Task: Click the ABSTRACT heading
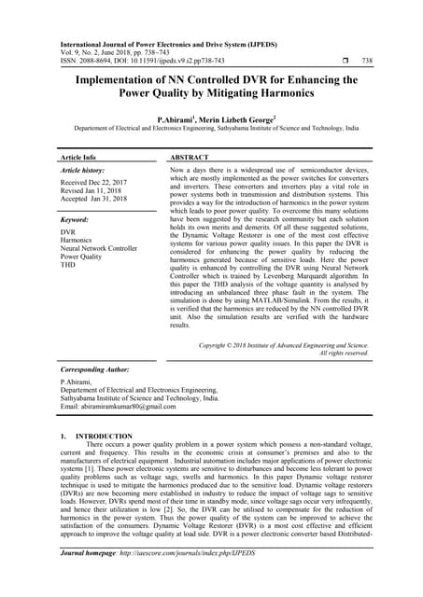click(x=189, y=158)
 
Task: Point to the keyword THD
click(x=69, y=263)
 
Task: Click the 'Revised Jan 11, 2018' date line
click(x=95, y=191)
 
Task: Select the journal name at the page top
click(x=173, y=43)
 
